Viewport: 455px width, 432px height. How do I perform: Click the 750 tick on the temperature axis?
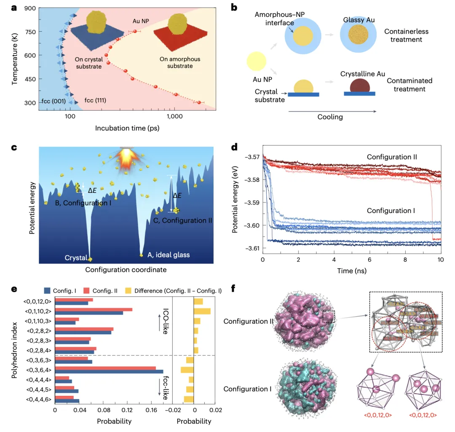(28, 32)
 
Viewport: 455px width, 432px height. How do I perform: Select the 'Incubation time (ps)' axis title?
(127, 128)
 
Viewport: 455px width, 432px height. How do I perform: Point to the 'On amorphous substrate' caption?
(179, 62)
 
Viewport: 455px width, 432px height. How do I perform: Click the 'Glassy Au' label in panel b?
(359, 19)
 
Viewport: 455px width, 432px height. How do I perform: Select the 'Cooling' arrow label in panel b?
(330, 117)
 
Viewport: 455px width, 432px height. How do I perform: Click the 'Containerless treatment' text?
(403, 36)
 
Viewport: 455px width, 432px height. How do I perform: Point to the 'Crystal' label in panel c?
(76, 258)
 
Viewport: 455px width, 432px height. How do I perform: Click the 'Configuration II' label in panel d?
(392, 157)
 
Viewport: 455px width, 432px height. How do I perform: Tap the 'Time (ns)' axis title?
(352, 270)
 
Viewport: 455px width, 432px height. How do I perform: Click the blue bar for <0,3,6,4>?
(109, 372)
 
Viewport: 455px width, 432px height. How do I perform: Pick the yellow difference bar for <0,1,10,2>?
(202, 311)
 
